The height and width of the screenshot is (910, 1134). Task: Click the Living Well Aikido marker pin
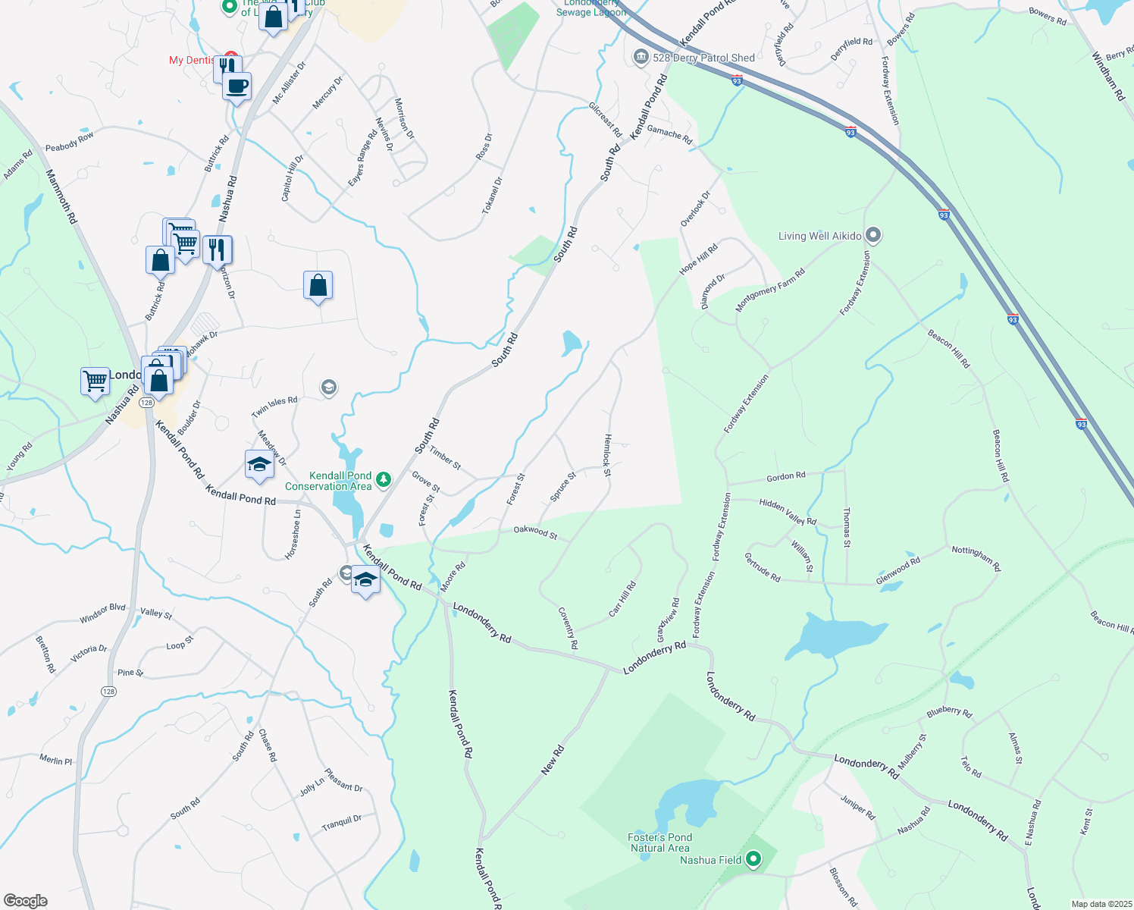pyautogui.click(x=873, y=235)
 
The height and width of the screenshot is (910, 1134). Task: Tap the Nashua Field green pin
pyautogui.click(x=753, y=859)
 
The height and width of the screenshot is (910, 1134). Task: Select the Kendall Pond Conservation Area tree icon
pyautogui.click(x=384, y=479)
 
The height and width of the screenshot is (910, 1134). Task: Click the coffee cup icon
pyautogui.click(x=237, y=86)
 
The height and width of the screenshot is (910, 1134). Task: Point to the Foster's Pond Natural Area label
pyautogui.click(x=659, y=843)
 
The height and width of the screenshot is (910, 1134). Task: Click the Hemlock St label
pyautogui.click(x=607, y=455)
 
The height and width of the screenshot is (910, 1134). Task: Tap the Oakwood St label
pyautogui.click(x=535, y=532)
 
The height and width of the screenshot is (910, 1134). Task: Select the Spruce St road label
pyautogui.click(x=563, y=487)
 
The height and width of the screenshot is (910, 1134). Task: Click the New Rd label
pyautogui.click(x=553, y=760)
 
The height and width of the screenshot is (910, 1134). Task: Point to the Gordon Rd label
pyautogui.click(x=786, y=477)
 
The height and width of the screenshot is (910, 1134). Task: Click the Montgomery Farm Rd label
pyautogui.click(x=770, y=290)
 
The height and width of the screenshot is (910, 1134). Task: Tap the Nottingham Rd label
pyautogui.click(x=976, y=559)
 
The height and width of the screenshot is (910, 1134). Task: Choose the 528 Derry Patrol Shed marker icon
pyautogui.click(x=641, y=57)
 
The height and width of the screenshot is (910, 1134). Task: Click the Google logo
pyautogui.click(x=26, y=901)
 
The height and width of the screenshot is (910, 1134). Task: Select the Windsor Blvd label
pyautogui.click(x=102, y=613)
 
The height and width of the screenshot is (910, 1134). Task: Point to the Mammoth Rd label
pyautogui.click(x=61, y=196)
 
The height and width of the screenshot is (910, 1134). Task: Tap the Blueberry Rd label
pyautogui.click(x=949, y=712)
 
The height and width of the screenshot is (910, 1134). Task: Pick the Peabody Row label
pyautogui.click(x=70, y=142)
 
